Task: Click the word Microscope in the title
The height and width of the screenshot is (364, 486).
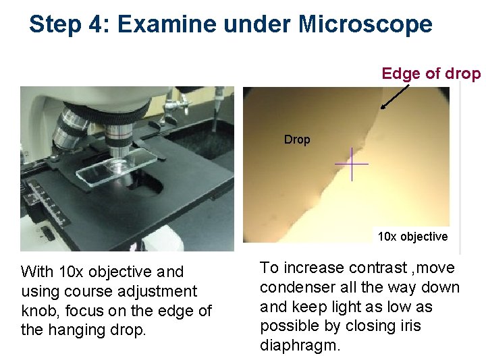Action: click(365, 24)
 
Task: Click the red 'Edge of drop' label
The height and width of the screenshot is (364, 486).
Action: click(431, 73)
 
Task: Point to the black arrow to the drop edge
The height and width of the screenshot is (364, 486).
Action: click(395, 95)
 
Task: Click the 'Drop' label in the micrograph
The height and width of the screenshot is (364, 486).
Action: click(297, 140)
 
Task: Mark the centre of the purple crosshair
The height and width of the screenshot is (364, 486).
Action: click(352, 164)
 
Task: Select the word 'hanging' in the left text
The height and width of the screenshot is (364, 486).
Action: click(72, 330)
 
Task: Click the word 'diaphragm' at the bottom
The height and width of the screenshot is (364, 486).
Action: click(300, 346)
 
